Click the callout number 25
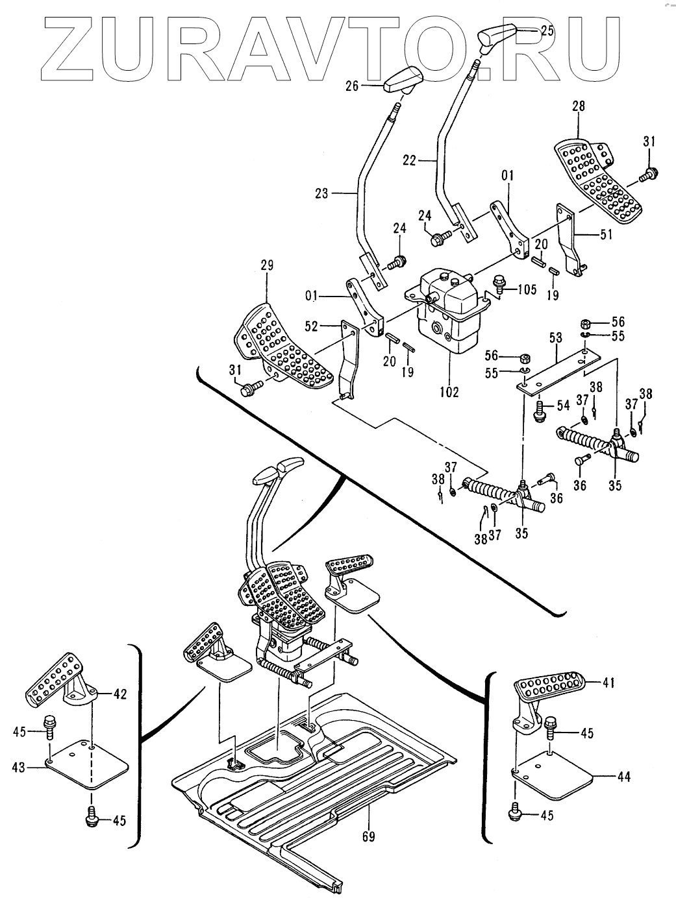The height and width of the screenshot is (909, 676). pos(547,30)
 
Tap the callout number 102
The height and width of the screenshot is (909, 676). pos(449,392)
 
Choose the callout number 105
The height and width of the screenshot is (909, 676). pos(527,289)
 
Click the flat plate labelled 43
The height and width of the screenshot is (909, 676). pos(88,765)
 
